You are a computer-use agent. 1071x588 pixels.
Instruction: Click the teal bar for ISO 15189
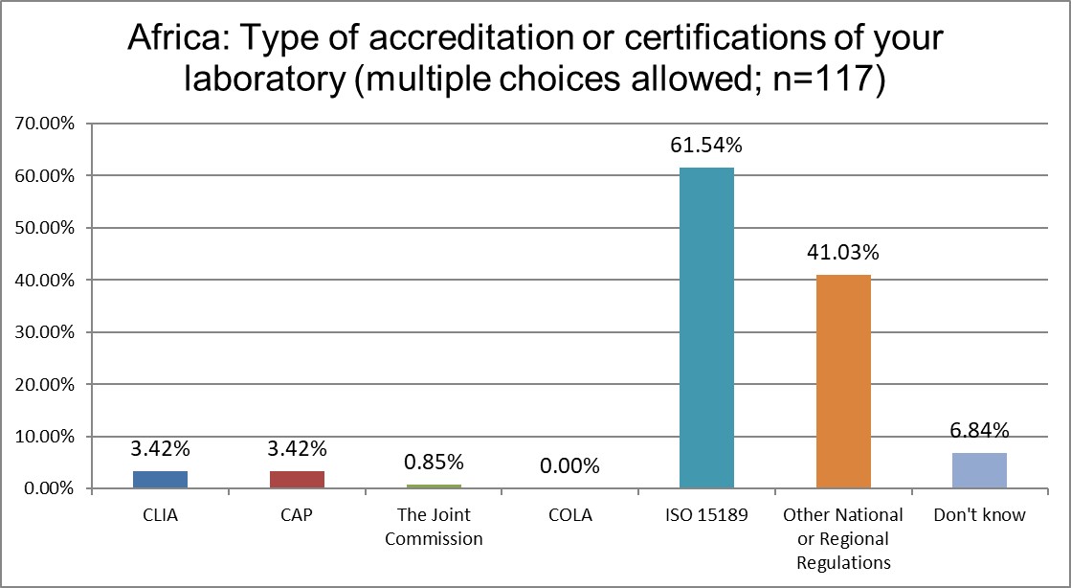706,328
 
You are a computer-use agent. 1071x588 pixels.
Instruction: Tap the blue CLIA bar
160,480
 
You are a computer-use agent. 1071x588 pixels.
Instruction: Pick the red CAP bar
297,480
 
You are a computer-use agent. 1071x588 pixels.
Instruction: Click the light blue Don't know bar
979,470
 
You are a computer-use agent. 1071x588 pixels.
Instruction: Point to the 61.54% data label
706,147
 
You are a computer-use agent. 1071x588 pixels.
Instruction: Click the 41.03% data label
843,254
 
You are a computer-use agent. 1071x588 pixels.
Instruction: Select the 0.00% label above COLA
569,466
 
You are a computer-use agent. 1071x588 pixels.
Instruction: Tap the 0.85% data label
433,463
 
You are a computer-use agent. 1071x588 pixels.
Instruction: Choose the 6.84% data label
979,431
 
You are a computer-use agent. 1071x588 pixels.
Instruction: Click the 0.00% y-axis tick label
48,488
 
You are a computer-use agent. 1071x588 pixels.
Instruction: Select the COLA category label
569,515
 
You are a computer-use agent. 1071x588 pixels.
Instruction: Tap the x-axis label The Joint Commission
433,526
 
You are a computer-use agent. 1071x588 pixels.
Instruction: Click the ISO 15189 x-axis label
706,515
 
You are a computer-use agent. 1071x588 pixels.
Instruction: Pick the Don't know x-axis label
979,515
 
